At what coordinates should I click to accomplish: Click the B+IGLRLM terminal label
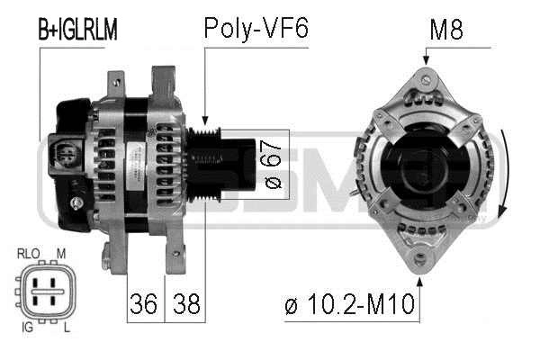point(77,30)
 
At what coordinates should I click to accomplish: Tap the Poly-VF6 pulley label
point(256,28)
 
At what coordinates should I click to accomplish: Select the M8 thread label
point(446,30)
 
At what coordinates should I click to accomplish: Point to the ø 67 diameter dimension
point(274,165)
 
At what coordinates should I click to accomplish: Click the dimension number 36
point(144,304)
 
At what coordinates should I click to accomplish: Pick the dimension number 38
point(186,304)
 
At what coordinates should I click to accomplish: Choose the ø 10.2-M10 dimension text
point(349,304)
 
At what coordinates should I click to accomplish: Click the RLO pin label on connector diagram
point(29,254)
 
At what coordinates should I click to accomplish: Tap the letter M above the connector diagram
point(61,254)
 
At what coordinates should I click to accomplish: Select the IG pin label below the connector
point(28,327)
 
